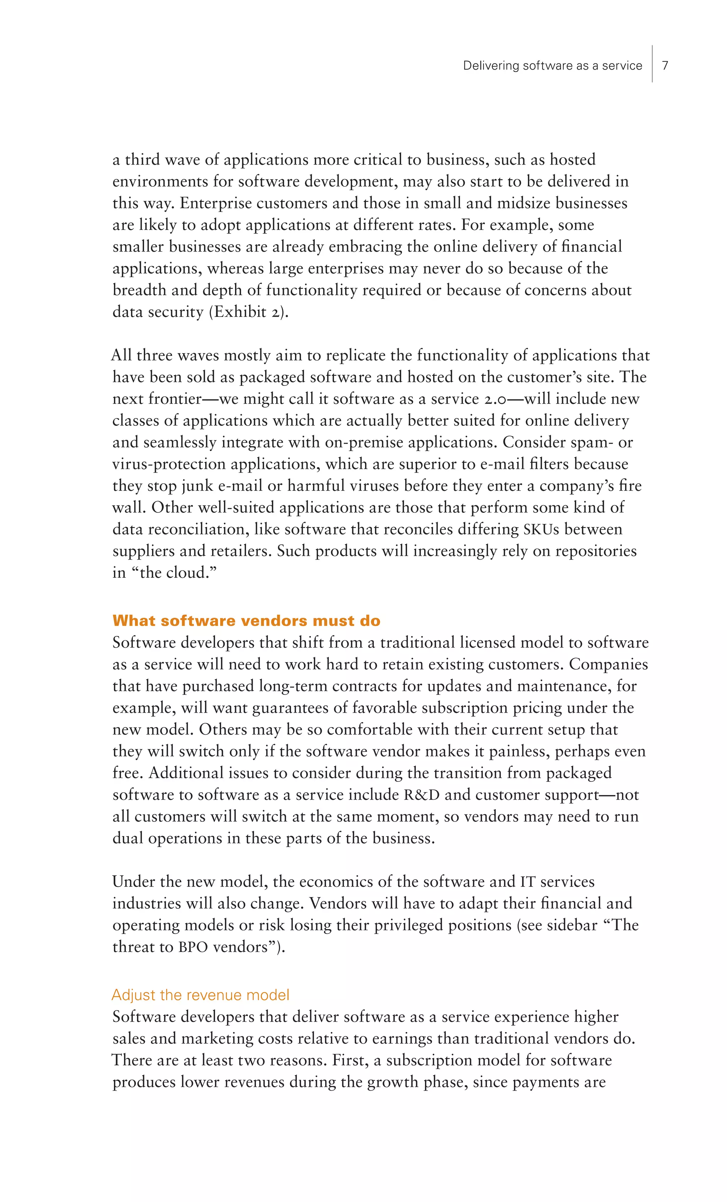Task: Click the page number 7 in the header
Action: (x=665, y=65)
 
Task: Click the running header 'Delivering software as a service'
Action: (x=552, y=65)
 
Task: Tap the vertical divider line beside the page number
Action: (x=652, y=64)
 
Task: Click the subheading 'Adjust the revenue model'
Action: (x=201, y=995)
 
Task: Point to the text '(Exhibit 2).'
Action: (x=249, y=312)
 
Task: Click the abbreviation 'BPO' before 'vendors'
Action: (x=193, y=947)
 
